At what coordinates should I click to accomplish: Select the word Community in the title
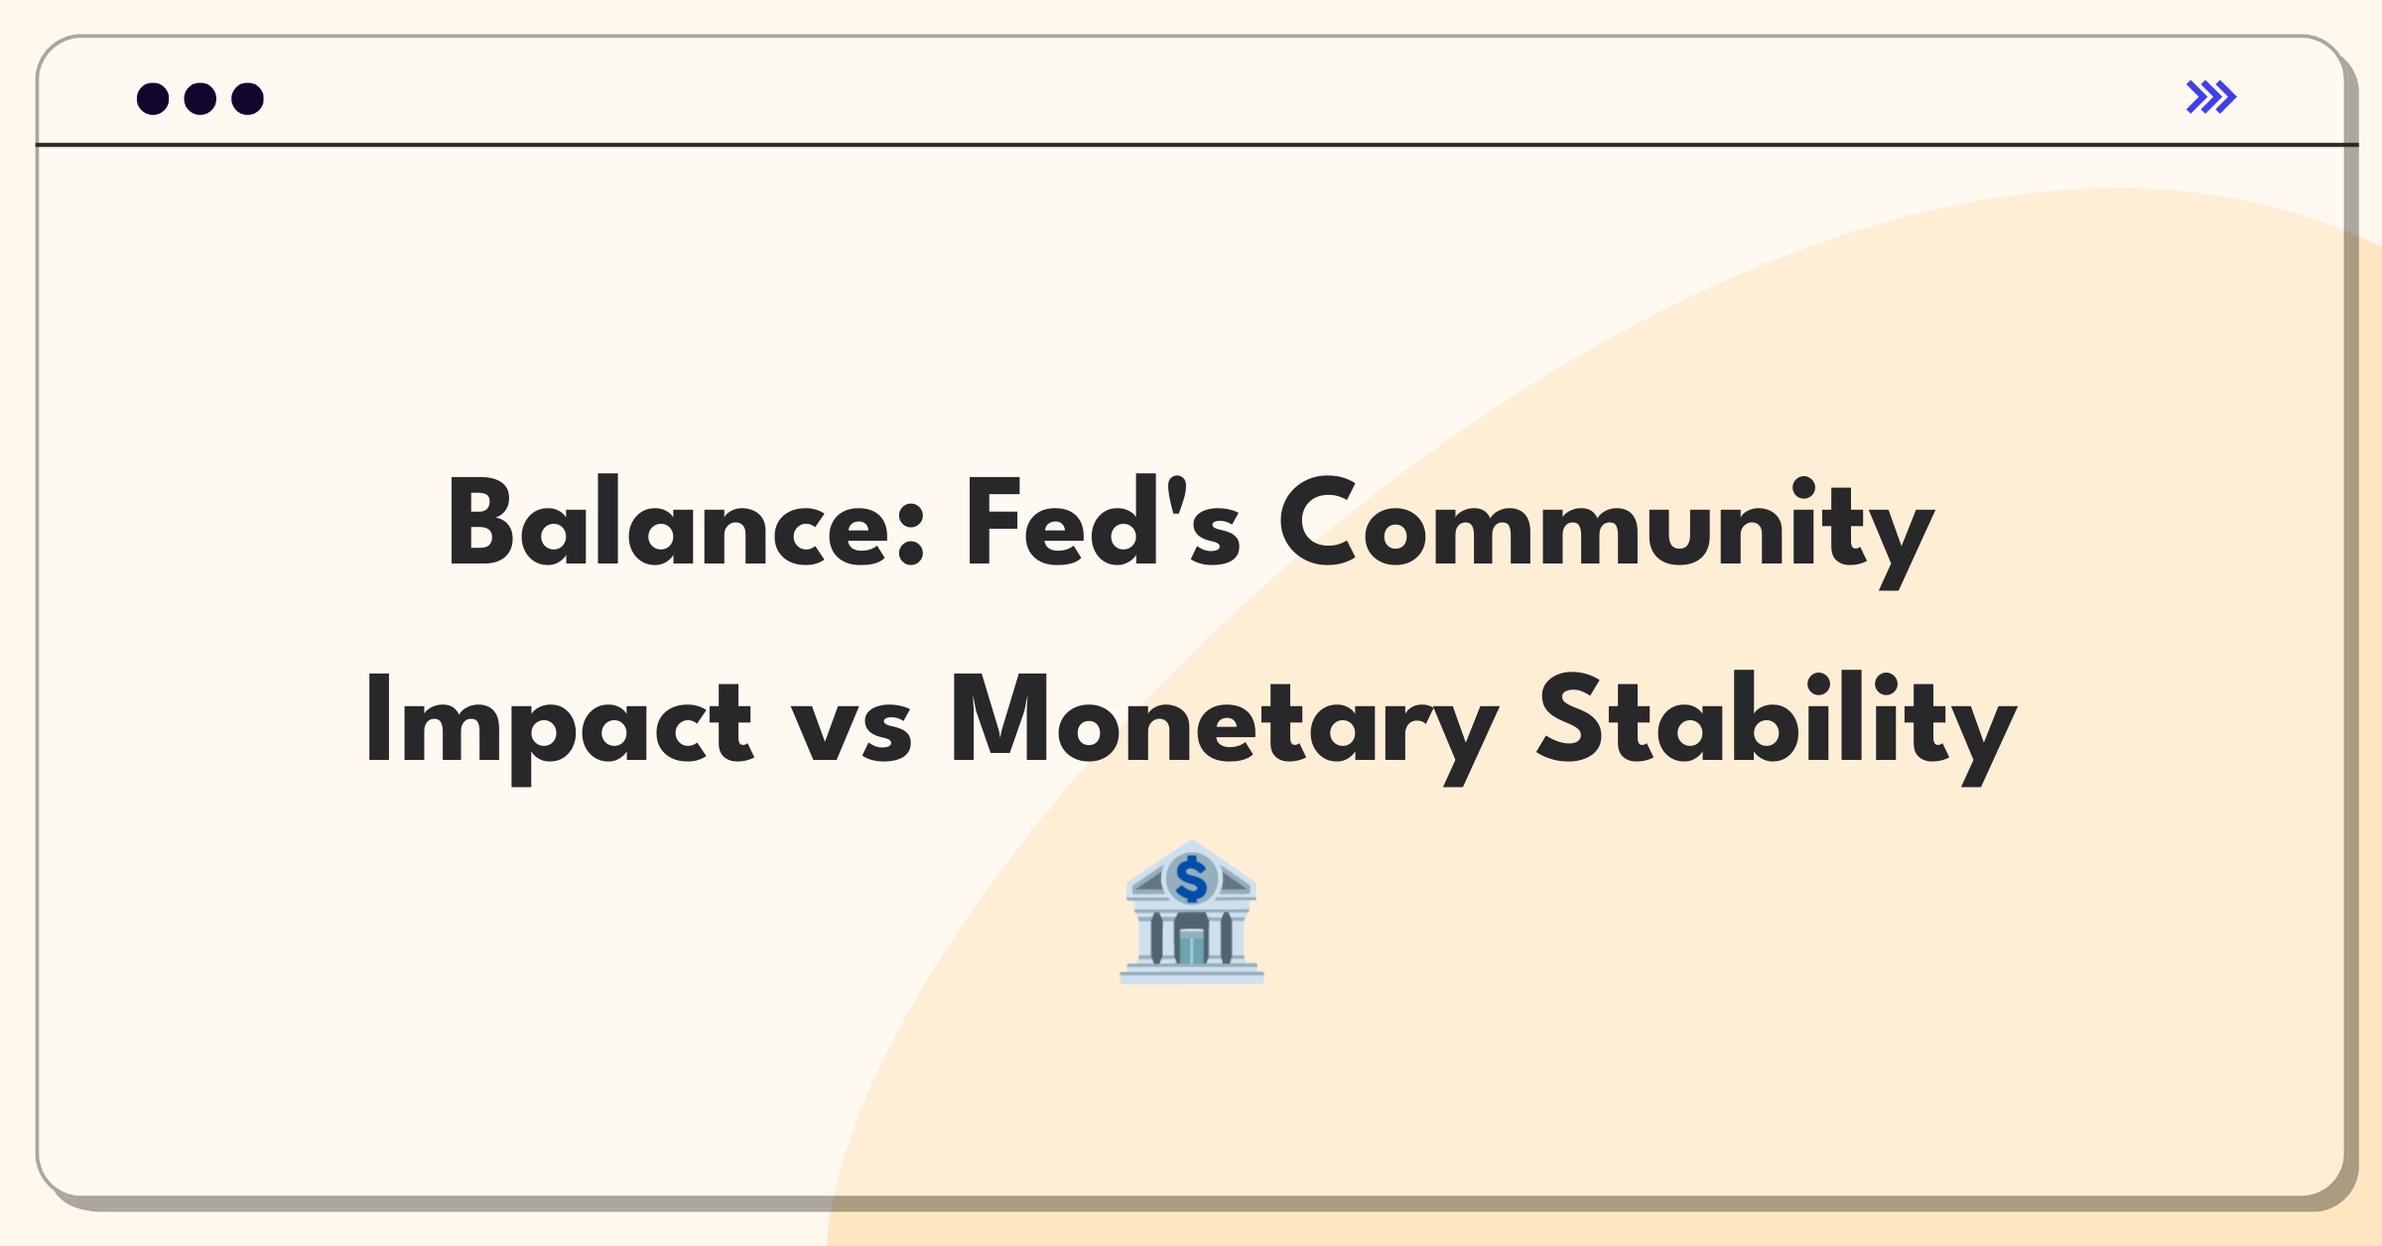1607,532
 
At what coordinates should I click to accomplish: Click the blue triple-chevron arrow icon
2211,97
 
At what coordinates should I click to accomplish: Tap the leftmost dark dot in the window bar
153,98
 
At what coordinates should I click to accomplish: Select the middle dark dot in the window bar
200,98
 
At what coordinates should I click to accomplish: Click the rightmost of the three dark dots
248,98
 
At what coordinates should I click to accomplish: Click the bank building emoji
1192,913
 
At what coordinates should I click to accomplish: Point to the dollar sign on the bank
1191,879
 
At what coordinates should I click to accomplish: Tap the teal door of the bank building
1191,946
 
